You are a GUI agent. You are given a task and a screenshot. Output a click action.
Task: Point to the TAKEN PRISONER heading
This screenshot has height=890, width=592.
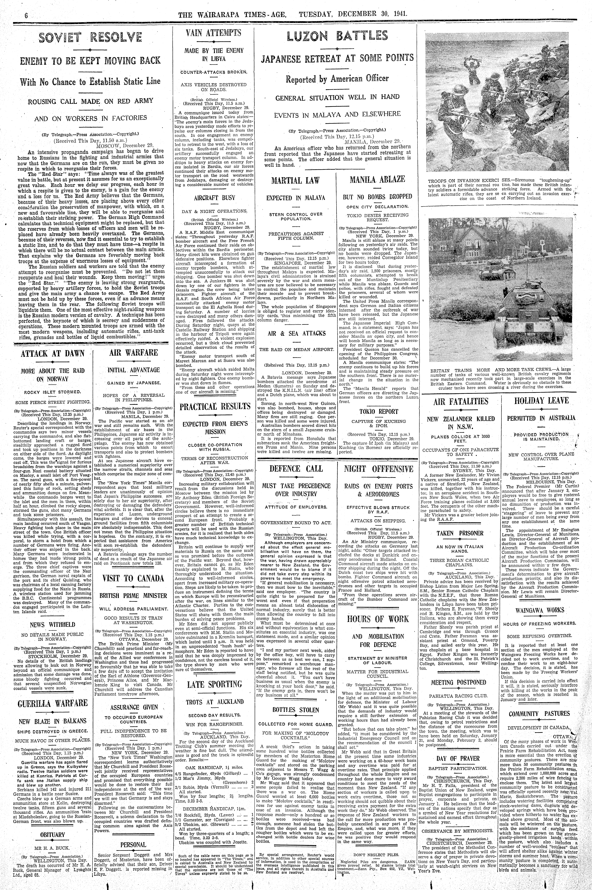[x=460, y=533]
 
